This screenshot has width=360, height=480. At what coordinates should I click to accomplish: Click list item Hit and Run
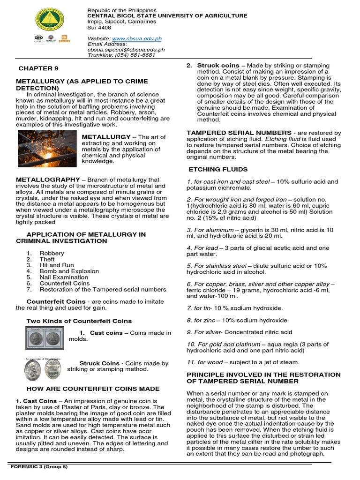[x=57, y=265]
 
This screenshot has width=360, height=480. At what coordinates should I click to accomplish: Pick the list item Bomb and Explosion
[x=69, y=271]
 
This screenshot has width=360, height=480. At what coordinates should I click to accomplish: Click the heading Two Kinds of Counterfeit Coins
[x=79, y=321]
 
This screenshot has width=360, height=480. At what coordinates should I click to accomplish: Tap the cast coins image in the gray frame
[x=44, y=338]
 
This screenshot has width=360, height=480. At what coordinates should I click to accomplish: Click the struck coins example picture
[x=43, y=369]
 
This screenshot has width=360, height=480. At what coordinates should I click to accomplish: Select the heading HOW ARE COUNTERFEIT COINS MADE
[x=93, y=389]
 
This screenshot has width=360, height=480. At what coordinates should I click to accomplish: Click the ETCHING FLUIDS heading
[x=218, y=169]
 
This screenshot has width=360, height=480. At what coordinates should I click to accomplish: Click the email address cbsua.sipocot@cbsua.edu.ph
[x=126, y=49]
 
